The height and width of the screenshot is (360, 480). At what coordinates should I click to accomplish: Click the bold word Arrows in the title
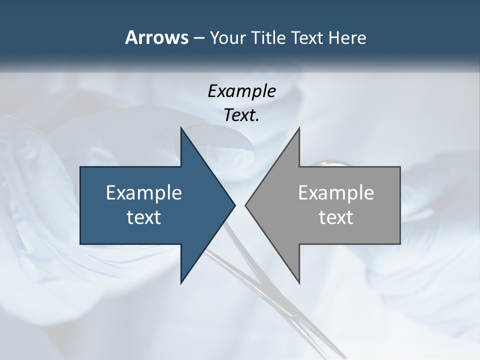point(156,37)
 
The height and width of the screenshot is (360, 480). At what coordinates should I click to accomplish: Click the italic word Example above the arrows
point(241,91)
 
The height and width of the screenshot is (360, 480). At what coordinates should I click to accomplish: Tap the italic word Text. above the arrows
point(241,115)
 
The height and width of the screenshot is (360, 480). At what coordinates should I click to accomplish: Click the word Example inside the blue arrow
point(144,193)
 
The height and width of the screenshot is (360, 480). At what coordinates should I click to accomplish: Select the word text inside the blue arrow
point(144,217)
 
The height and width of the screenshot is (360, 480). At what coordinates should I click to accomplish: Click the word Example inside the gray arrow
point(336,193)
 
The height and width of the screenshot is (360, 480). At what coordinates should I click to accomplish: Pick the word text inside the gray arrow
point(336,217)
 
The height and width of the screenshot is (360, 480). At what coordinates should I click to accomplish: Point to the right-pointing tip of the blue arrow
point(234,205)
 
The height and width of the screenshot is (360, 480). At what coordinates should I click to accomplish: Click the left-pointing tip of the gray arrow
point(246,205)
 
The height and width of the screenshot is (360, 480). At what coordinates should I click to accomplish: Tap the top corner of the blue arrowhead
point(181,128)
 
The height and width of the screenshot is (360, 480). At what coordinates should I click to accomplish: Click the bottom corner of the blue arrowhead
point(181,282)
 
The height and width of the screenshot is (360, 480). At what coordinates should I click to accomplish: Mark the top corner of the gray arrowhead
point(299,128)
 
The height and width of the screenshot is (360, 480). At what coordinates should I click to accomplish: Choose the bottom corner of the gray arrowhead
point(299,282)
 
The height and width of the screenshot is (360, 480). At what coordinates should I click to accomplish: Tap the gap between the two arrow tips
point(240,205)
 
